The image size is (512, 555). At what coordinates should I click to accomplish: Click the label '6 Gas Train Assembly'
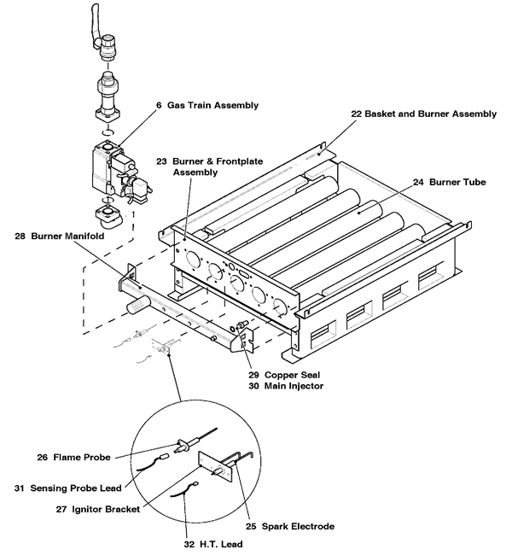(207, 105)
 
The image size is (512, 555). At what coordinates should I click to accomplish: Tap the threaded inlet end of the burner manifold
(135, 301)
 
